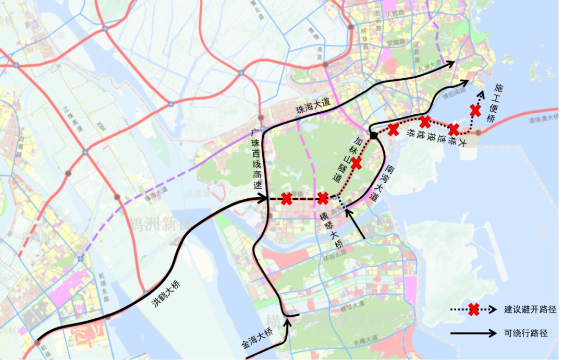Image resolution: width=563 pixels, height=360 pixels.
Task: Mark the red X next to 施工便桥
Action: (475, 111)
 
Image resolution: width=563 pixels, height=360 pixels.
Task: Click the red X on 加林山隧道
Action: (357, 163)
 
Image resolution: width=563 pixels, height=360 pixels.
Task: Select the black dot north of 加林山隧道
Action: (373, 136)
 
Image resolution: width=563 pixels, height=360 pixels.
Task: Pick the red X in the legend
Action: (473, 310)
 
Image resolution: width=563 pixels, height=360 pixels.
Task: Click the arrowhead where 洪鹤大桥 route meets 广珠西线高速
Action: (264, 198)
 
